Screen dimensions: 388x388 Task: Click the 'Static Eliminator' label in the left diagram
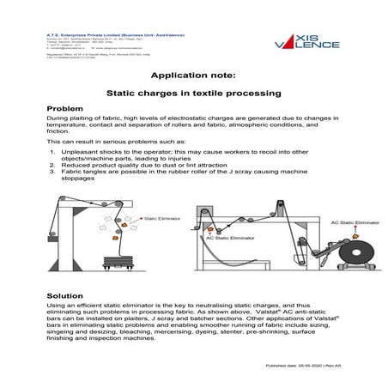(x=162, y=218)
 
